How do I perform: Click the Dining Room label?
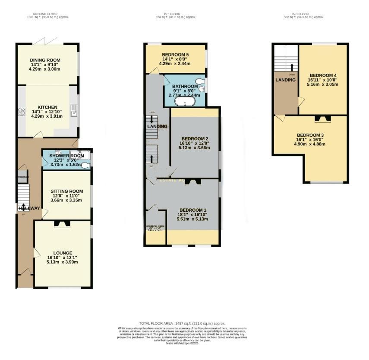(45, 60)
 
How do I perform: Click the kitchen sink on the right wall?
(74, 111)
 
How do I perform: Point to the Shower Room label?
(66, 156)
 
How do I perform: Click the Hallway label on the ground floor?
(29, 209)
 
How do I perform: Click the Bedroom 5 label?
(175, 54)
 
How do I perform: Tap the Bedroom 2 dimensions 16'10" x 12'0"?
(194, 143)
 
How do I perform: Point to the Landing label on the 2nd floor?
(285, 80)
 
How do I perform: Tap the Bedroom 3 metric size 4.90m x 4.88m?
(310, 144)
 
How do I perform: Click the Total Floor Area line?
(182, 323)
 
